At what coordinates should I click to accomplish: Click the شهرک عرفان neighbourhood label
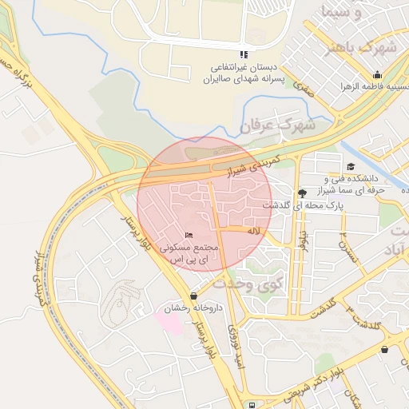[277, 125]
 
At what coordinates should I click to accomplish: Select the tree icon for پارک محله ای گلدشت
[301, 193]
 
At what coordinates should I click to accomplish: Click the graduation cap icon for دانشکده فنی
[351, 166]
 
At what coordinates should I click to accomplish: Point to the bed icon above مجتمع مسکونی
[189, 235]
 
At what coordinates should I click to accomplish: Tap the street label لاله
[254, 230]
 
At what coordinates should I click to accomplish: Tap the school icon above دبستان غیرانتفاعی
[244, 54]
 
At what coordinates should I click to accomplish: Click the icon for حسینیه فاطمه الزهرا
[377, 76]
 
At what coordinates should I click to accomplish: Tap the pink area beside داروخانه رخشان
[169, 324]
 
